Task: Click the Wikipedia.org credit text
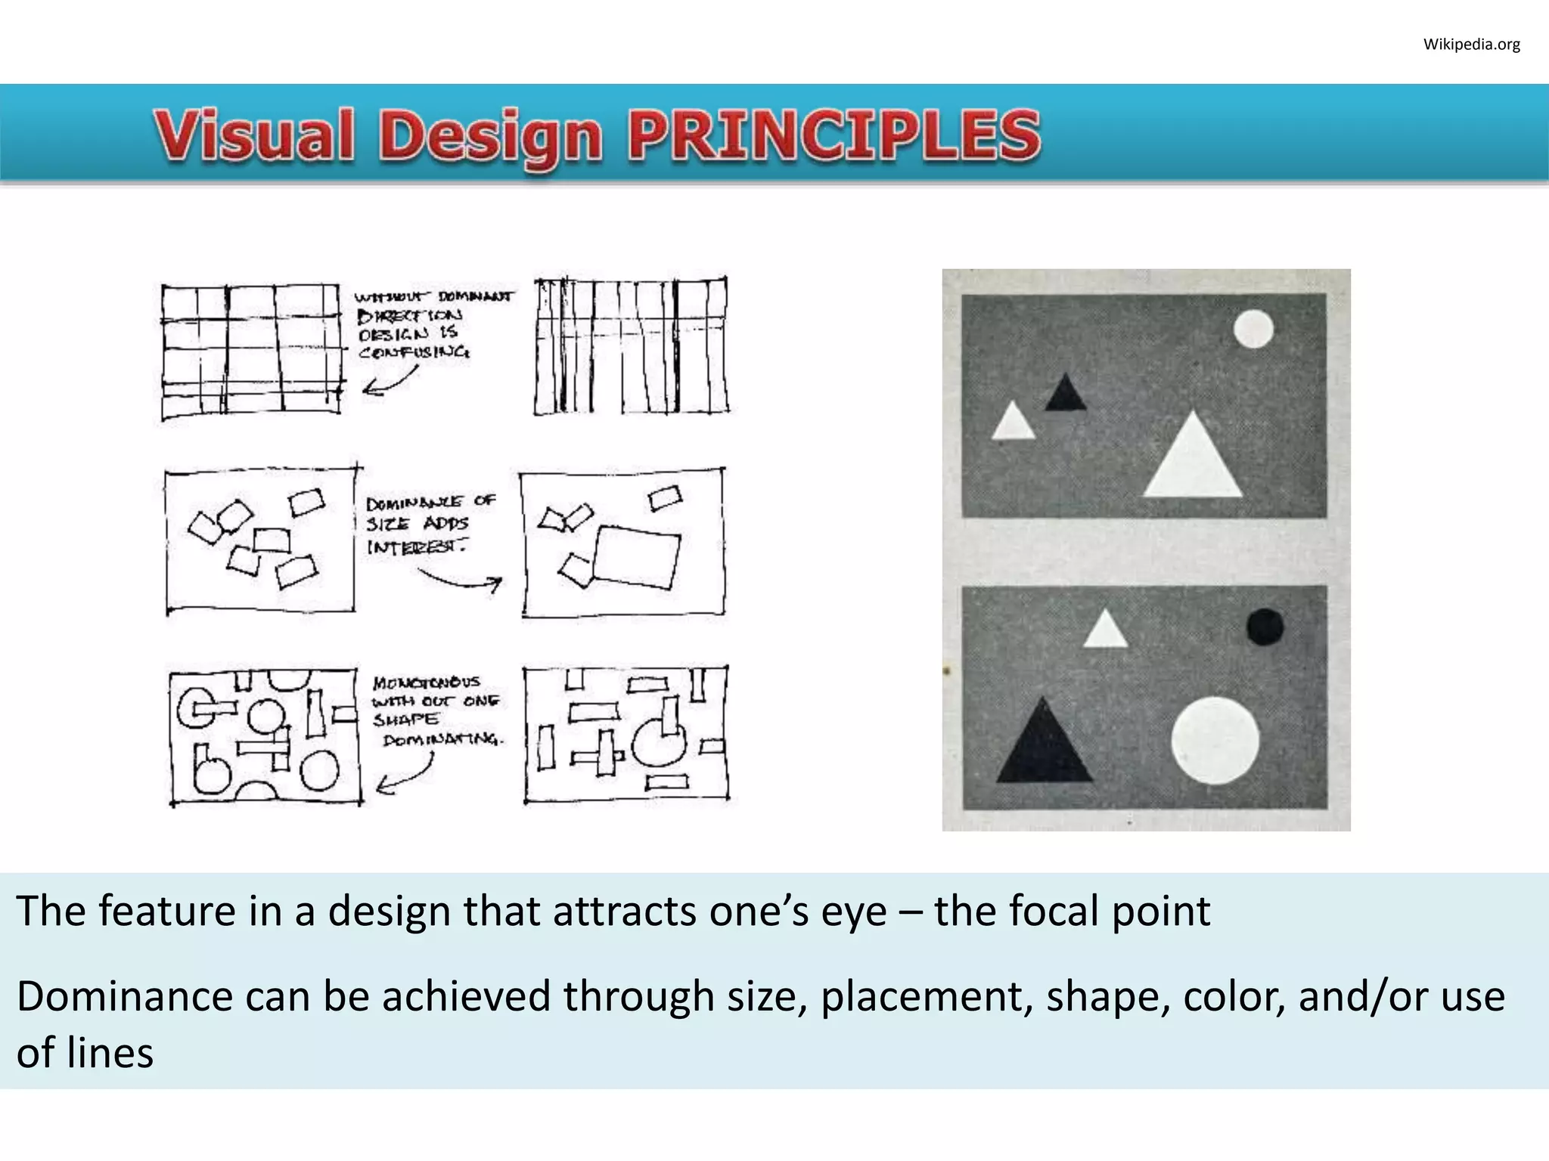[x=1471, y=45]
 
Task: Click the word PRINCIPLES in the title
[x=834, y=135]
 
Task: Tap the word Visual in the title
[x=254, y=135]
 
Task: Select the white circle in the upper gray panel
[x=1253, y=330]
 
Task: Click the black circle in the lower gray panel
[x=1265, y=627]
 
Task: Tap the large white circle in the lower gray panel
[x=1215, y=741]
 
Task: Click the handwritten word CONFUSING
[x=414, y=352]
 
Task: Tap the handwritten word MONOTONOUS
[x=427, y=683]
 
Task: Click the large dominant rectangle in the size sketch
[x=636, y=557]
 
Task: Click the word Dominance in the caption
[x=124, y=996]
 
